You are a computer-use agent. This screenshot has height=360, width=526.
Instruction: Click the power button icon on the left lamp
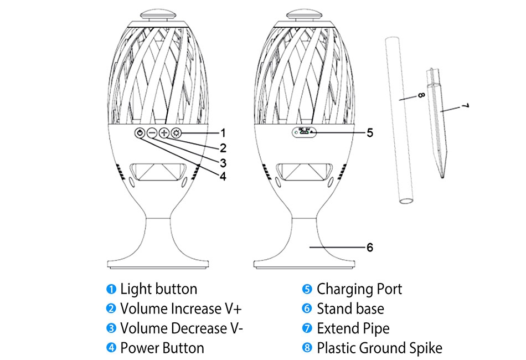click(x=140, y=133)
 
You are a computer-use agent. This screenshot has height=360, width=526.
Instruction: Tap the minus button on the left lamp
click(x=152, y=133)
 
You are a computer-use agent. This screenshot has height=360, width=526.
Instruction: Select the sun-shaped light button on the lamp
click(x=176, y=133)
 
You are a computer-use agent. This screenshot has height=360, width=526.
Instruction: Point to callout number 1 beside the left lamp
click(x=223, y=133)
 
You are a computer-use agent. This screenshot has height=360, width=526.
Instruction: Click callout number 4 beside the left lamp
click(x=223, y=177)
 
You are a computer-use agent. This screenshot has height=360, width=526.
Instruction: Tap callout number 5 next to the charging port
click(x=370, y=133)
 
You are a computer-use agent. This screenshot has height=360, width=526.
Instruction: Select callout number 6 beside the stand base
click(x=370, y=248)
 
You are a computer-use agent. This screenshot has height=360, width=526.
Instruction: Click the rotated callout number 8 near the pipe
click(x=421, y=95)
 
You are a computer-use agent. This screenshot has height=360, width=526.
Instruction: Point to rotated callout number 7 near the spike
click(x=465, y=106)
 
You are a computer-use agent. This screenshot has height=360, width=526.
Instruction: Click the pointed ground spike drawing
click(x=437, y=123)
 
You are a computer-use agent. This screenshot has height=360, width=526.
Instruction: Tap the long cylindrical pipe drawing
click(x=399, y=121)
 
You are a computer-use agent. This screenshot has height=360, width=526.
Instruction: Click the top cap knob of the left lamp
click(x=158, y=15)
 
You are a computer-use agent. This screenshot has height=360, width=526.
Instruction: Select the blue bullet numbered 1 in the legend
click(x=111, y=289)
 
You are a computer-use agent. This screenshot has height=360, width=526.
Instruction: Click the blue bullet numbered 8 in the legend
click(x=307, y=348)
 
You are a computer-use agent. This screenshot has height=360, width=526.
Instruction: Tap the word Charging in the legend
click(x=345, y=290)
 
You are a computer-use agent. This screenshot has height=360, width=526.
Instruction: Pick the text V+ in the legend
click(x=234, y=308)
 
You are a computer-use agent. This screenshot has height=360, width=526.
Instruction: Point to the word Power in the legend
click(x=138, y=348)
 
